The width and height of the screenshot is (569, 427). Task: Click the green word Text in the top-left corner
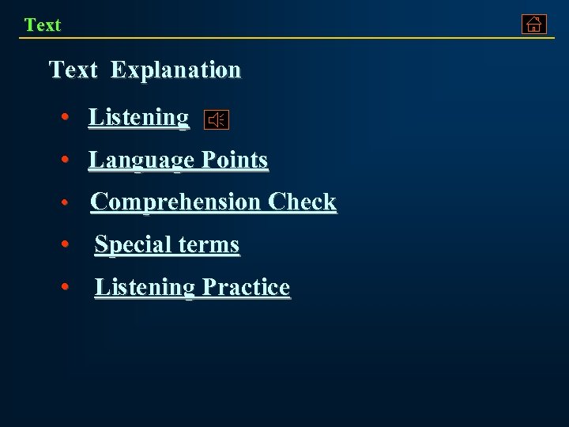[43, 25]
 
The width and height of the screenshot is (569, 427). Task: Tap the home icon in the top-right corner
[534, 25]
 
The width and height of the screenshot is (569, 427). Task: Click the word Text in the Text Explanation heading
[73, 70]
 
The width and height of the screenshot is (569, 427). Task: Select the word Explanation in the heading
[175, 70]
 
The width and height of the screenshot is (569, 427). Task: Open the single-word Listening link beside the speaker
[139, 117]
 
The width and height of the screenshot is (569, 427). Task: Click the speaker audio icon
[217, 120]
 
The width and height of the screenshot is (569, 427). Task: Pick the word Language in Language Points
[141, 160]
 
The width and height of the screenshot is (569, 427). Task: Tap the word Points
[235, 160]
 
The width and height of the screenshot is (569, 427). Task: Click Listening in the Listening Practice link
[145, 287]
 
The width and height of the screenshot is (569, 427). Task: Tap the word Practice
[246, 287]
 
